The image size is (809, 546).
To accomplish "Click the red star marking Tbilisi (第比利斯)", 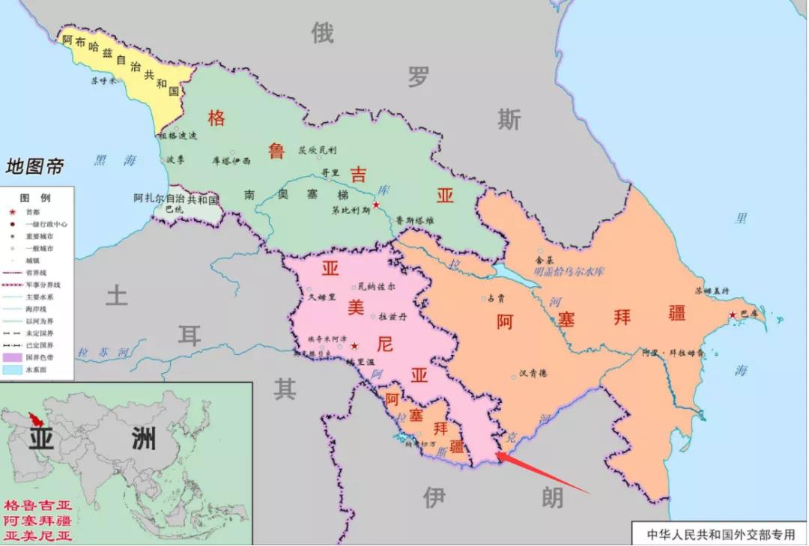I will [x=376, y=204].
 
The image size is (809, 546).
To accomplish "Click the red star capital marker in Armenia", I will [x=354, y=345].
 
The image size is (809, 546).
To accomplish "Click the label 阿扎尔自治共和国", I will [x=176, y=199].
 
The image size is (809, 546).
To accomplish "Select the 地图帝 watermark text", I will [x=35, y=166].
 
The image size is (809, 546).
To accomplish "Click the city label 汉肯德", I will [x=534, y=373].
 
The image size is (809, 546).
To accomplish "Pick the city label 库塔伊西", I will [x=231, y=160].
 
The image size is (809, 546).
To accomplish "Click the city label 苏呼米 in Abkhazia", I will [x=103, y=80].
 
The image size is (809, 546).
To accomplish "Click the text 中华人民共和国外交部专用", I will [x=720, y=535].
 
